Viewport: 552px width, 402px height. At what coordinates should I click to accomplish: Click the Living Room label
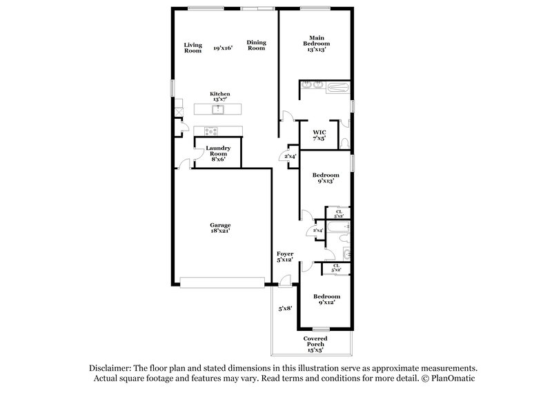[193, 48]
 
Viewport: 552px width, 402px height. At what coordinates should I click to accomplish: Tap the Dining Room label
[256, 46]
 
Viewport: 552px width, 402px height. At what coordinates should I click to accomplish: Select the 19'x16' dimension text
[223, 48]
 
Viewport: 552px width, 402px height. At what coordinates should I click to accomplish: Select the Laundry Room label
[218, 153]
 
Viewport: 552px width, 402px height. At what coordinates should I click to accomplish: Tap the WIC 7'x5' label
[319, 135]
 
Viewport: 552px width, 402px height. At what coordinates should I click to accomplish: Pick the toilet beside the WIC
[345, 143]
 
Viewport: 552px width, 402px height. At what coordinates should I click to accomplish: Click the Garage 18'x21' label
[220, 228]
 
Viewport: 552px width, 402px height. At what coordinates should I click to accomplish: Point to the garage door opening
[221, 281]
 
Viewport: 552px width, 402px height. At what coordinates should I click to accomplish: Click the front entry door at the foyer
[284, 281]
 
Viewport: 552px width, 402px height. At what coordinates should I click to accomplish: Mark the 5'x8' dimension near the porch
[285, 309]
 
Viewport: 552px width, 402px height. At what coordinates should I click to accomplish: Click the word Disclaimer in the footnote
[112, 368]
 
